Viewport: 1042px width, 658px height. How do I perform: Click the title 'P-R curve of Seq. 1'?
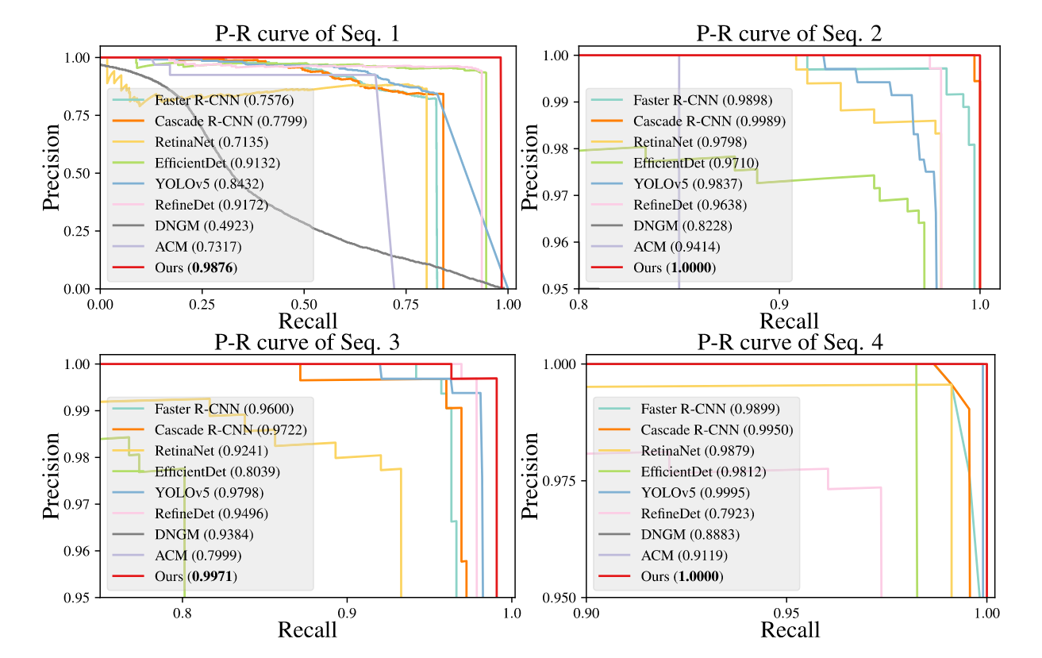coord(307,35)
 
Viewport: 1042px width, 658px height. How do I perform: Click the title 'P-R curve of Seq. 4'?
coord(790,343)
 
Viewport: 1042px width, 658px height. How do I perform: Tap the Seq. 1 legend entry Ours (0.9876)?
coord(196,268)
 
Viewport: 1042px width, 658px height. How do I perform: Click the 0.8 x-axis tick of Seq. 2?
coord(579,304)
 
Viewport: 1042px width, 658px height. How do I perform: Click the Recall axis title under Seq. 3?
coord(307,629)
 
